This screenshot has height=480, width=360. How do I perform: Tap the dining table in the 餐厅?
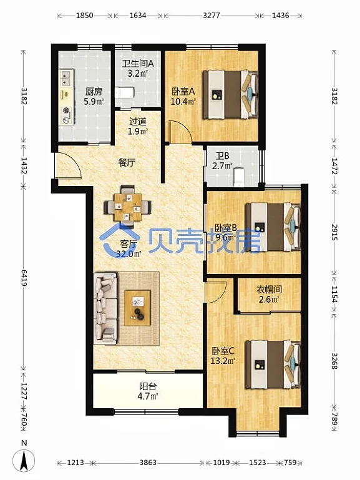tap(127, 207)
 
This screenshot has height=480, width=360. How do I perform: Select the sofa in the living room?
tap(105, 308)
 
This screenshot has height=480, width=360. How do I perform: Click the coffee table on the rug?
tap(137, 308)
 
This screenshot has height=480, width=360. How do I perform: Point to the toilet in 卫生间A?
tap(125, 92)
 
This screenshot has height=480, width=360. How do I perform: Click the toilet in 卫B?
tap(238, 177)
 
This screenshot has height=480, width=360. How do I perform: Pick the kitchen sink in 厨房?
tap(66, 78)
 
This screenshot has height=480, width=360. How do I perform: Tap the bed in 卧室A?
tap(230, 95)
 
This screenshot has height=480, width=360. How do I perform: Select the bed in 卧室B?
tap(273, 227)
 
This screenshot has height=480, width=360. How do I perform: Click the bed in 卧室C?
tap(273, 365)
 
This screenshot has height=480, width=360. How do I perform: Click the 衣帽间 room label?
tap(269, 289)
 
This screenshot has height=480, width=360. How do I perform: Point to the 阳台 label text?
tap(148, 386)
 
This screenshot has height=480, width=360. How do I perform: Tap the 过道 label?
tap(138, 122)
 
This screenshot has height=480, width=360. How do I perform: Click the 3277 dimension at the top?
tap(212, 16)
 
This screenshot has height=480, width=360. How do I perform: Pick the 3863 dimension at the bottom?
tap(148, 463)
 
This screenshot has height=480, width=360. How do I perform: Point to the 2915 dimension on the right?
tap(334, 232)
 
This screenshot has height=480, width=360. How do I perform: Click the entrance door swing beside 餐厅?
tap(68, 165)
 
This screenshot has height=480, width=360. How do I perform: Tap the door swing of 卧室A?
tap(181, 132)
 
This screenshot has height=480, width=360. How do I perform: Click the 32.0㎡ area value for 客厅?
tap(129, 254)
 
